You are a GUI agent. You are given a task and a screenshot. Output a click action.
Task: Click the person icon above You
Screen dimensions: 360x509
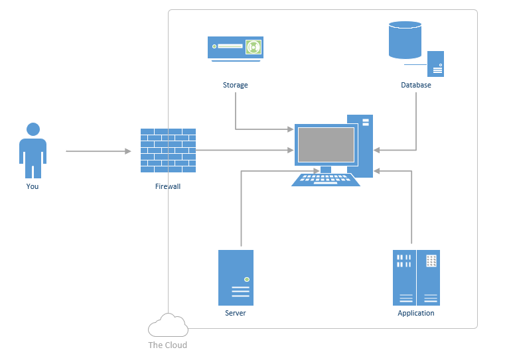pos(33,150)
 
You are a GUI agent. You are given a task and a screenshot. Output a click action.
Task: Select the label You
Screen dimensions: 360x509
pos(33,186)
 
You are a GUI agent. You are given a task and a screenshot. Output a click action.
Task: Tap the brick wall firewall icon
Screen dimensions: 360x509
pos(168,150)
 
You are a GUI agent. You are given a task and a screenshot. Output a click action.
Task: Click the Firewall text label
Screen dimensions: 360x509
pos(168,186)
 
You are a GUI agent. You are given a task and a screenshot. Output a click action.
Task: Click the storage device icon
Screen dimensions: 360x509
pos(236,48)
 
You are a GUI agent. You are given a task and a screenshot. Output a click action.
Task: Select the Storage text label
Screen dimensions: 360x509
pos(236,86)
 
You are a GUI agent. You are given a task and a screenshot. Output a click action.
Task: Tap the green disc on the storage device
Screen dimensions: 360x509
pos(253,47)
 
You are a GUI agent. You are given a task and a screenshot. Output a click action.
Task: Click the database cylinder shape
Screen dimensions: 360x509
pos(405,39)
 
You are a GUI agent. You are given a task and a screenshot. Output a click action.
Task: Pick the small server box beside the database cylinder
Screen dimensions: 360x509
pos(435,64)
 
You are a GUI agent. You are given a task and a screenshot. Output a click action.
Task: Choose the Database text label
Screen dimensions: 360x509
pos(416,86)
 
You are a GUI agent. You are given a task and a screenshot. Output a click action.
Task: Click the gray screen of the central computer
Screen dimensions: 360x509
pos(326,145)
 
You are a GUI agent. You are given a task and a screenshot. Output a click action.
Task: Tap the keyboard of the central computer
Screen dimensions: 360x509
pos(326,180)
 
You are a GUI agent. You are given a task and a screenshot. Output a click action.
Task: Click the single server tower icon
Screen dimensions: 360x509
pos(236,277)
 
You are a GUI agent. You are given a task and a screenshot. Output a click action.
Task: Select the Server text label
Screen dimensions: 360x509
pos(236,313)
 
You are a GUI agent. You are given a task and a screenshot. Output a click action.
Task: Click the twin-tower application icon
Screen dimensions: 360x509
pos(416,277)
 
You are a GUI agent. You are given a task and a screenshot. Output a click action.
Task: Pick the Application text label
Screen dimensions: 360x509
pos(416,313)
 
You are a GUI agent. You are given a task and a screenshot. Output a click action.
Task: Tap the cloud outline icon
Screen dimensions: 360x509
pos(168,326)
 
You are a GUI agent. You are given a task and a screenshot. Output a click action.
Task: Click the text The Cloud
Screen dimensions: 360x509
pos(167,345)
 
